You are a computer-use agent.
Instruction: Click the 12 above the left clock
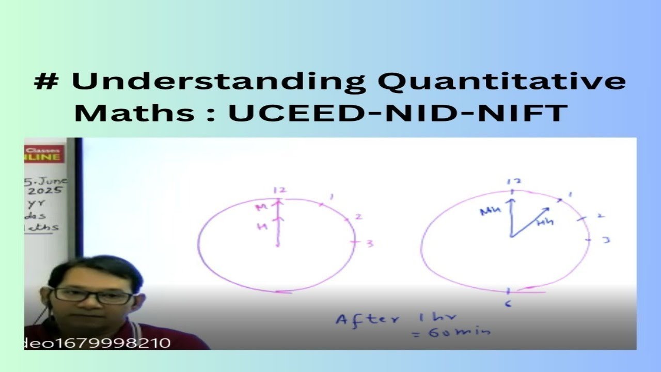279,191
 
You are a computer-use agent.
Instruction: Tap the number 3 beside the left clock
370,243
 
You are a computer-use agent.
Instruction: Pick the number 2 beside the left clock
358,217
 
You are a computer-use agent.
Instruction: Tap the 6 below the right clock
508,304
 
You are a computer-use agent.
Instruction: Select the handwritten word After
367,318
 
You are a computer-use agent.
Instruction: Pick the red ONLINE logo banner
43,153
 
